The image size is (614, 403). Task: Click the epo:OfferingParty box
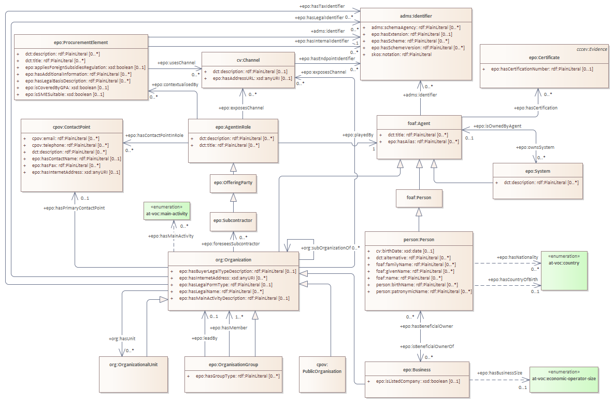coord(233,183)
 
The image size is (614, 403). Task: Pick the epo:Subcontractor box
coord(233,220)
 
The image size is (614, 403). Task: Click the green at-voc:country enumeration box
coord(565,270)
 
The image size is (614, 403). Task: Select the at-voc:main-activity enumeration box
coord(167,213)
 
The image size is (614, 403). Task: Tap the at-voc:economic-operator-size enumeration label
coord(564,379)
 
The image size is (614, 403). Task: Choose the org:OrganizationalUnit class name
coord(133,364)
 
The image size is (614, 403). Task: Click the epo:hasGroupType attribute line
coord(237,375)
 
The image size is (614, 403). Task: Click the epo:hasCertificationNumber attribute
coord(538,69)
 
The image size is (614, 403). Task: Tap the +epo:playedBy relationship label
coord(358,135)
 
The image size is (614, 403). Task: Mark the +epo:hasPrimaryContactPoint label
coord(74,208)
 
